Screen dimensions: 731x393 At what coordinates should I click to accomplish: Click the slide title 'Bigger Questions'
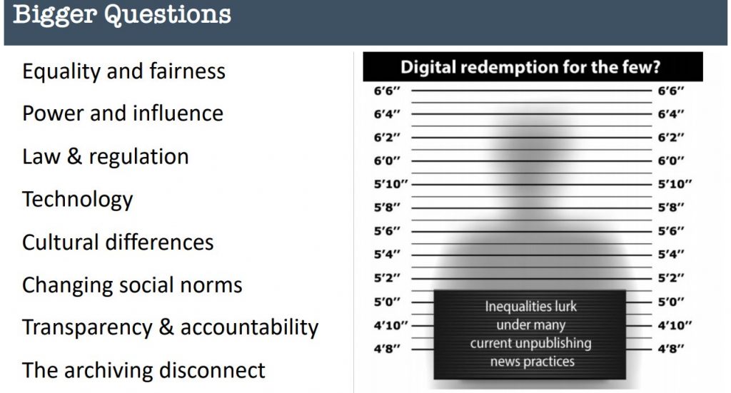[122, 15]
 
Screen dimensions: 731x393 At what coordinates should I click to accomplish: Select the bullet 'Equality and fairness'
[123, 72]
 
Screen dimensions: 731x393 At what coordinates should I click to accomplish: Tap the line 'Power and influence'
[123, 113]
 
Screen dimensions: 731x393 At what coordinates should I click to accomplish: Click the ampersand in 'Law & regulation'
[74, 156]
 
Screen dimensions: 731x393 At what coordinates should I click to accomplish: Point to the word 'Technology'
[77, 200]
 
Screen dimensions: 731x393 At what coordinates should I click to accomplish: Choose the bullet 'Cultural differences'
[118, 243]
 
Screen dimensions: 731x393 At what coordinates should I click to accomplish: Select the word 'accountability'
[249, 327]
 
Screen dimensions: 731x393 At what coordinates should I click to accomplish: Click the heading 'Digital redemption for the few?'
[530, 67]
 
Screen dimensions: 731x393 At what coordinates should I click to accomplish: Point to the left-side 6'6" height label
[387, 91]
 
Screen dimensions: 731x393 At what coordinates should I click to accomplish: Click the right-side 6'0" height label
[671, 160]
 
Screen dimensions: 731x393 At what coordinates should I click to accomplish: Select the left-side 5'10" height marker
[390, 184]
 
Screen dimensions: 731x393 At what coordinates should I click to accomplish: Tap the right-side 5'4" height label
[671, 254]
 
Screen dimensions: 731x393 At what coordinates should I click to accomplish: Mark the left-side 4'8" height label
[387, 348]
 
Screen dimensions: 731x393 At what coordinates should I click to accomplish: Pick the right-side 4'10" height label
[675, 325]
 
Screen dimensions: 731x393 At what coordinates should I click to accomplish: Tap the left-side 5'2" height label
[387, 278]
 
